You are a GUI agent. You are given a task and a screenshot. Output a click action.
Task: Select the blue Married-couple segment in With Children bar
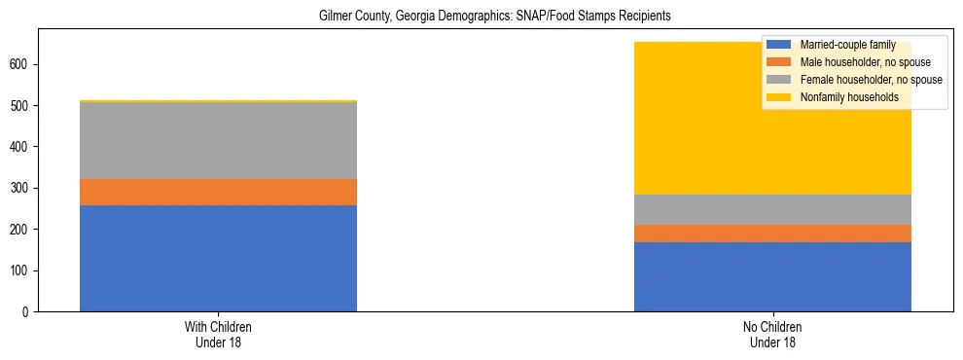(218, 258)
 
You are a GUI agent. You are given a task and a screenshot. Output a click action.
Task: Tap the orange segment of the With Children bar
(218, 192)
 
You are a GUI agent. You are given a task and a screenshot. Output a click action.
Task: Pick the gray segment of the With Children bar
(218, 140)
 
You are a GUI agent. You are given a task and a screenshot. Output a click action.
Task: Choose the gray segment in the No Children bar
(772, 209)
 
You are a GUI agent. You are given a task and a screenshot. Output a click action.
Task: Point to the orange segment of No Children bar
(772, 234)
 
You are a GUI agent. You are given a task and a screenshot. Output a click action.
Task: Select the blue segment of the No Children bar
(772, 276)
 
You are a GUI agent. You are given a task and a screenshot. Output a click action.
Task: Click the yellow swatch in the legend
(779, 97)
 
